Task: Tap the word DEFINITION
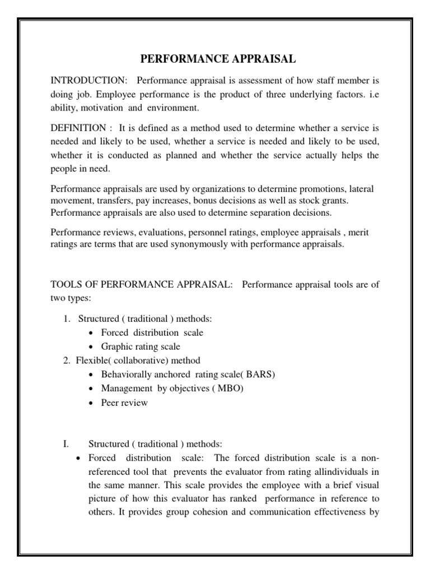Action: (78, 128)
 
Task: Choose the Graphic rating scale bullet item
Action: (141, 346)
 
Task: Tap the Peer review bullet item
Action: (124, 402)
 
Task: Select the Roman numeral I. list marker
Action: (66, 443)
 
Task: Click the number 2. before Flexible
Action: (67, 360)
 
